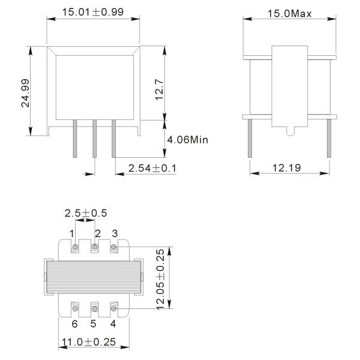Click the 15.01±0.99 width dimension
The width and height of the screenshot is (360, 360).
coord(93,12)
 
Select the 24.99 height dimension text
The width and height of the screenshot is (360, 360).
coord(25,93)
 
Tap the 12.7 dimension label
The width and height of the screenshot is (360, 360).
coord(160,90)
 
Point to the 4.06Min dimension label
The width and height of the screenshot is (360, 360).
coord(187,140)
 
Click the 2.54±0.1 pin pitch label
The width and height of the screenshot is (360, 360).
coord(152,168)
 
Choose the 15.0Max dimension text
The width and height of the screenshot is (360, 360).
coord(290,14)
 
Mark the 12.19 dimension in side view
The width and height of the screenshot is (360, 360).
coord(287,168)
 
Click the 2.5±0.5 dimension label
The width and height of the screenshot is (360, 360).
coord(86,213)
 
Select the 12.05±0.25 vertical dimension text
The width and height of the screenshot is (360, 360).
coord(160,280)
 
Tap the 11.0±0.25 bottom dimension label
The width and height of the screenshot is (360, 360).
coord(89,342)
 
